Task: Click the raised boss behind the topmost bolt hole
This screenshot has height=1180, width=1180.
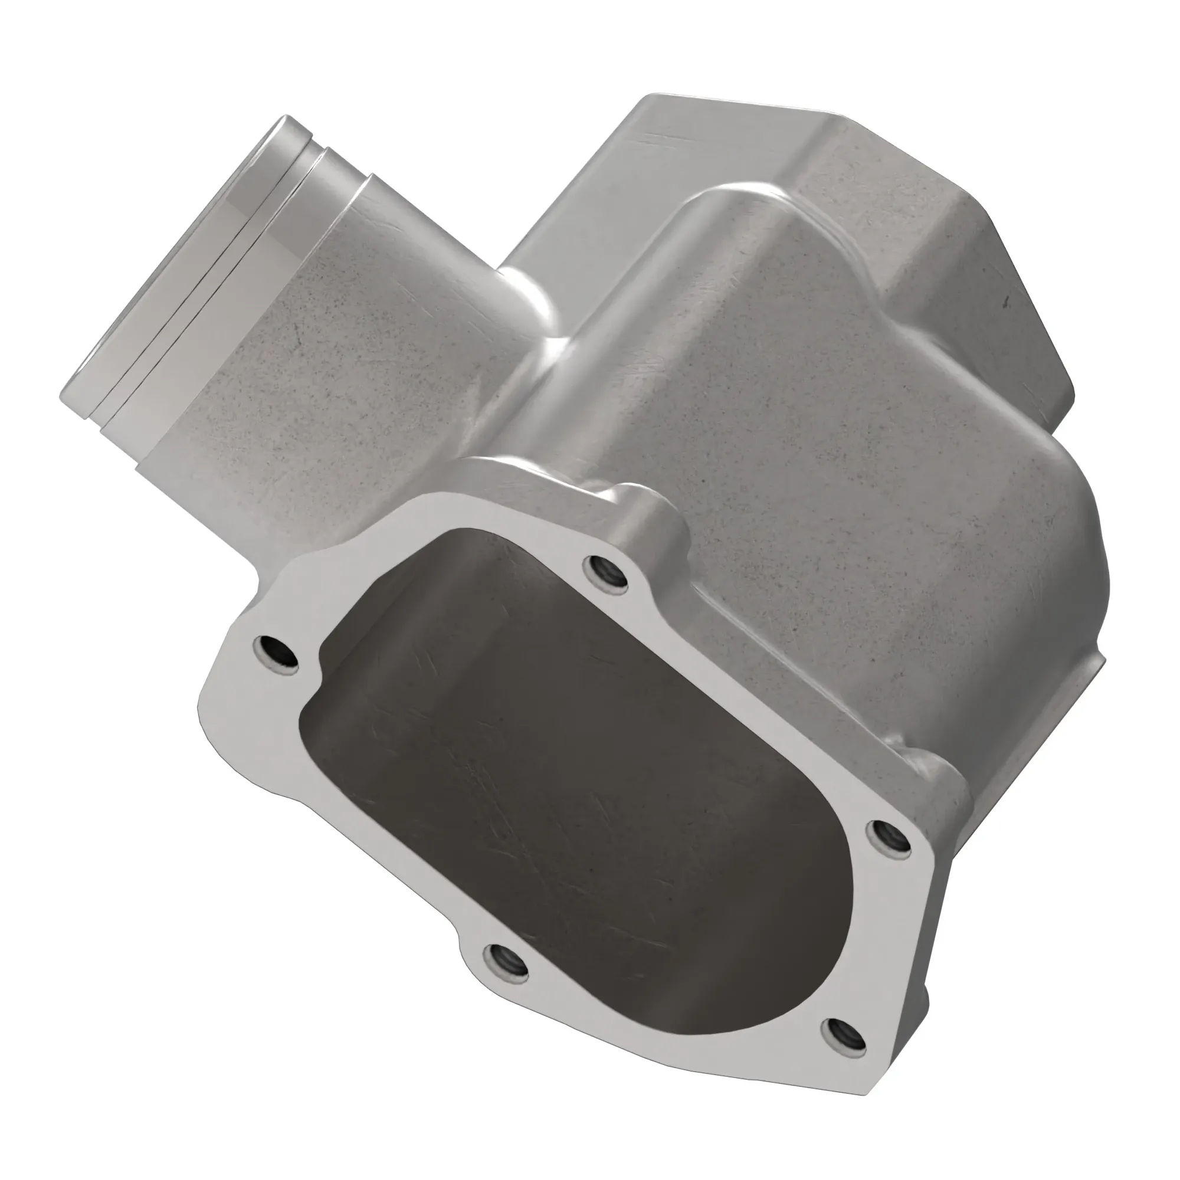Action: coord(647,513)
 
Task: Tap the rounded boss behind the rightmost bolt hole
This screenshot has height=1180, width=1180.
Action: coord(935,788)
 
